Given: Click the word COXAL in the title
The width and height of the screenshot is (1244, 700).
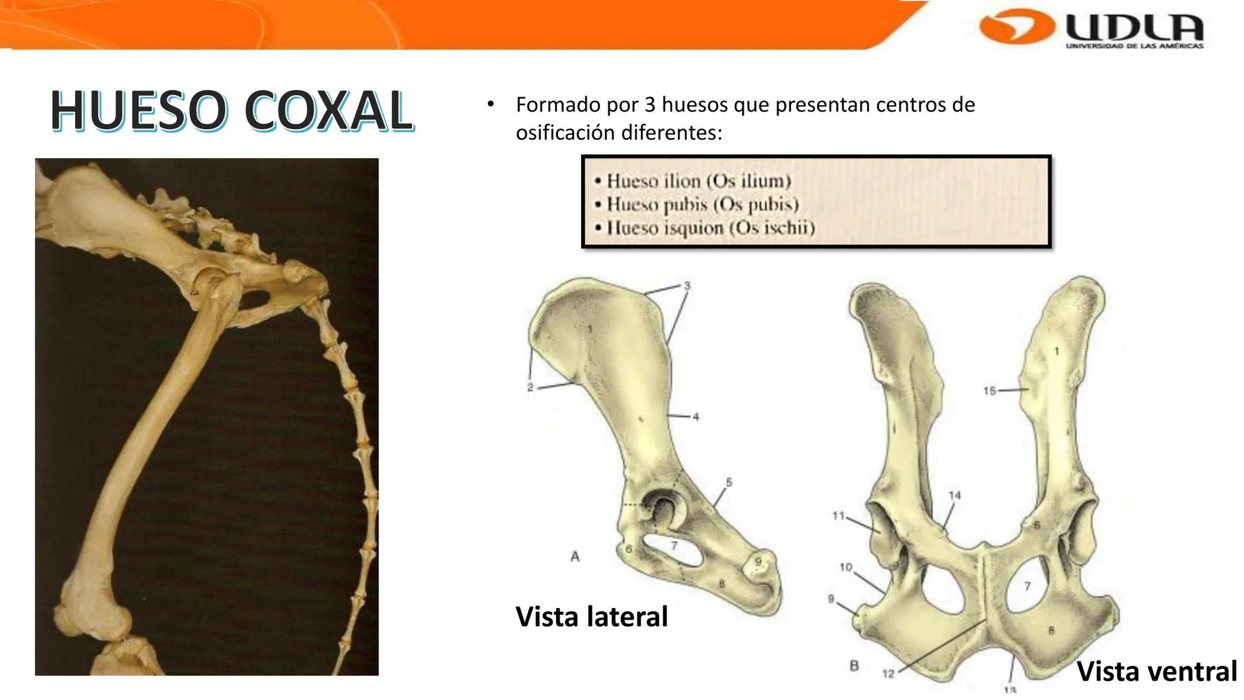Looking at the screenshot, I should tap(328, 111).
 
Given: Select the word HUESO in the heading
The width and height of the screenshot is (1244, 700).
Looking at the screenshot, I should tap(139, 111).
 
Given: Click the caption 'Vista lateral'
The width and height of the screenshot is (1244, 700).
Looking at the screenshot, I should tap(591, 616).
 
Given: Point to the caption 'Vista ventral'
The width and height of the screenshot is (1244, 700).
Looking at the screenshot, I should tap(1157, 671).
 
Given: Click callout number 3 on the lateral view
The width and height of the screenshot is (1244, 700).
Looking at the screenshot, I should tap(687, 286).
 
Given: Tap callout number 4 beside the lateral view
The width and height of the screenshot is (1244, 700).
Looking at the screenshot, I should tap(695, 417).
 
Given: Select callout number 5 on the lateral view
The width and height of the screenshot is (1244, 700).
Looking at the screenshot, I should tap(728, 482).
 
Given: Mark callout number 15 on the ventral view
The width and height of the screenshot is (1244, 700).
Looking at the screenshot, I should tap(989, 391).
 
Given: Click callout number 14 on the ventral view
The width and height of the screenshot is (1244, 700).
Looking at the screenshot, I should tap(954, 496).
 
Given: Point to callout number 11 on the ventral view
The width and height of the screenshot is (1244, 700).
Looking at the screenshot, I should tap(838, 516).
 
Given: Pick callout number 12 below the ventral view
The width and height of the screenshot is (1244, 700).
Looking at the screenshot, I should tap(888, 674).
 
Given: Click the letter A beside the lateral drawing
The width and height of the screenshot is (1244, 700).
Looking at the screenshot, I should tap(575, 557).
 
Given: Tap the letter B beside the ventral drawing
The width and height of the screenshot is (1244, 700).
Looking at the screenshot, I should tap(854, 666).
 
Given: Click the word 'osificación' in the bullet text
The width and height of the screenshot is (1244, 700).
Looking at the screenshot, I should tap(565, 133).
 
